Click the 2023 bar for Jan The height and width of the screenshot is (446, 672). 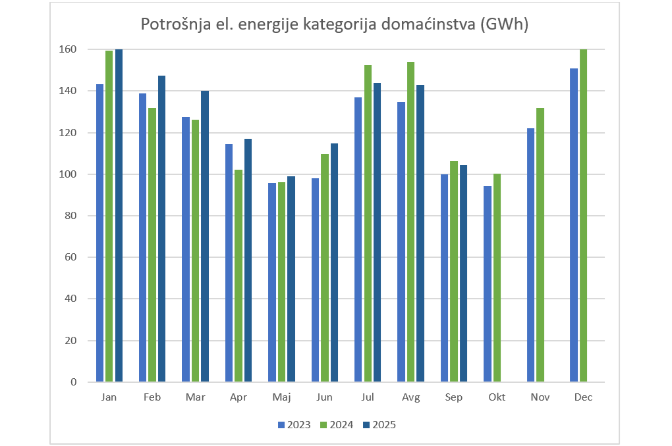pos(100,233)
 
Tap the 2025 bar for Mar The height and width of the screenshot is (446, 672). pos(205,236)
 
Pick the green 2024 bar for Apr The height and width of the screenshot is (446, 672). pos(238,276)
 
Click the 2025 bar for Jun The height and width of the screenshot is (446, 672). pos(334,262)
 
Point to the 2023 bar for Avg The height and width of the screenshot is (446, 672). pos(401,242)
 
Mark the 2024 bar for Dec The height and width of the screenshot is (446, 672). pos(583,216)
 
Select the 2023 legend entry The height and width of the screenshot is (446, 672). pos(294,425)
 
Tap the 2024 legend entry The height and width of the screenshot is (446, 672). pos(337,425)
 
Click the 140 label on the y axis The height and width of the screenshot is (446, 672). pos(68,91)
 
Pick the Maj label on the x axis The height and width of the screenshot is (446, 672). pos(281,397)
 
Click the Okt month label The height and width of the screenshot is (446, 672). pos(497,397)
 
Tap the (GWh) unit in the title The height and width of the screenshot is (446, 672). pos(505,25)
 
